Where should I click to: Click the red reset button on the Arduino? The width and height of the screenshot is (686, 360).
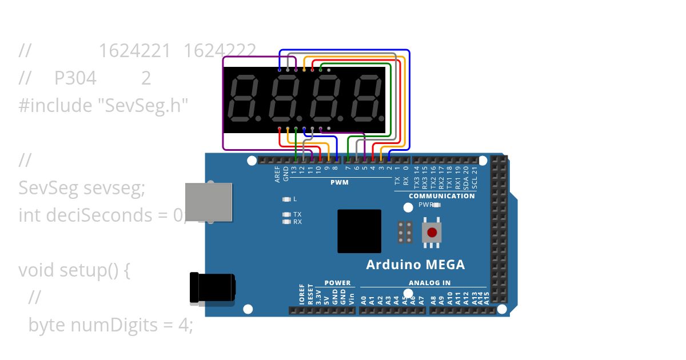pyautogui.click(x=432, y=233)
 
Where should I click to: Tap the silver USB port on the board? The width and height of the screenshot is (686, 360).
pyautogui.click(x=209, y=202)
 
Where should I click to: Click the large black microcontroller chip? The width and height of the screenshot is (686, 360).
pyautogui.click(x=359, y=231)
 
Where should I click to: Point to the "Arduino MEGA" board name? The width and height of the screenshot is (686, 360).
pyautogui.click(x=415, y=265)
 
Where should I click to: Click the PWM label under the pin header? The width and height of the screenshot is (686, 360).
pyautogui.click(x=339, y=183)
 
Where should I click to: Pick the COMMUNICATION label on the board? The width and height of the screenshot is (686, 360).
pyautogui.click(x=441, y=196)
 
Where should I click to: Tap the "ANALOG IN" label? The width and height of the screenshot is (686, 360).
pyautogui.click(x=429, y=283)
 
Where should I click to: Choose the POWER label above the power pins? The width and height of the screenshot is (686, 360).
pyautogui.click(x=337, y=283)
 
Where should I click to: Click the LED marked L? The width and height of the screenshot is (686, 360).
pyautogui.click(x=286, y=199)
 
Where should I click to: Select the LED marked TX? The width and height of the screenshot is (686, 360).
pyautogui.click(x=286, y=214)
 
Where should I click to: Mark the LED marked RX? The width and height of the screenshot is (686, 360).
pyautogui.click(x=286, y=222)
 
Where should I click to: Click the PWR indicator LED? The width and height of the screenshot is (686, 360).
pyautogui.click(x=437, y=205)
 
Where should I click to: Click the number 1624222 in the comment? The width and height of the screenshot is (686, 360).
pyautogui.click(x=220, y=51)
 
